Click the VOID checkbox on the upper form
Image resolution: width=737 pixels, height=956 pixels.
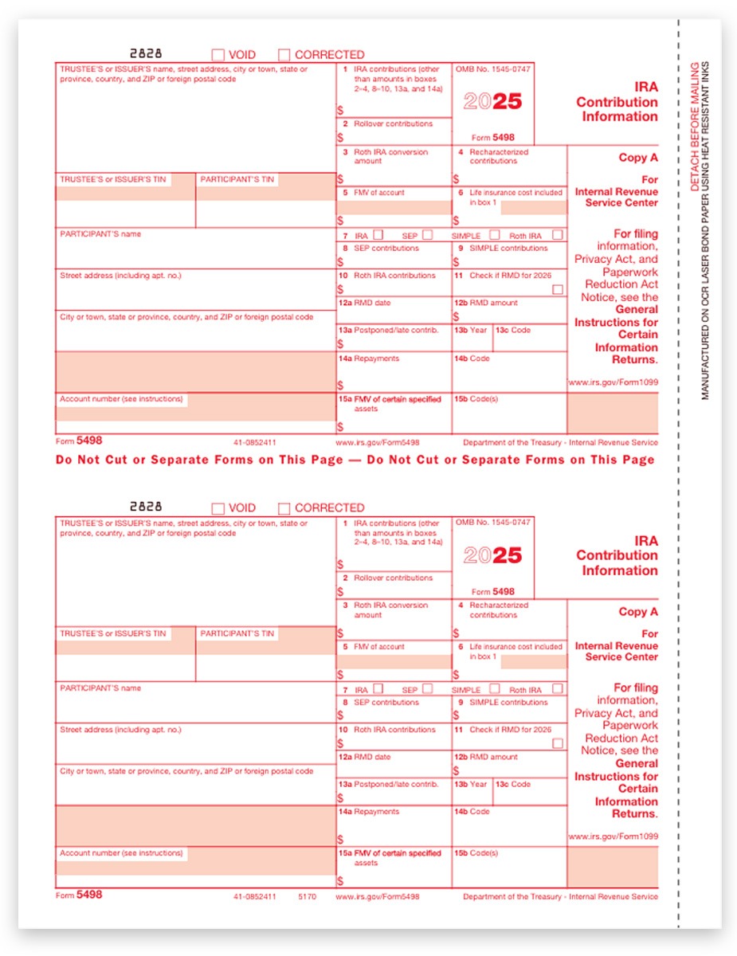tap(218, 55)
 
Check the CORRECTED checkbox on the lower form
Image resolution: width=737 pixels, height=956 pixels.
tap(284, 508)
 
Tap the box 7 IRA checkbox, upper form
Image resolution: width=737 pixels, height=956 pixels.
tap(378, 235)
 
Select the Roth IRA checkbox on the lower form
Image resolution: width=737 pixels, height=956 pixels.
tap(557, 688)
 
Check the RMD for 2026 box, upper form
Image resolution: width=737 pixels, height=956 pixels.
tap(558, 289)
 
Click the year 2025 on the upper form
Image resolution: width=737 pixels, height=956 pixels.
tap(492, 102)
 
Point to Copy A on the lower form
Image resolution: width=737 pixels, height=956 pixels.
tap(638, 612)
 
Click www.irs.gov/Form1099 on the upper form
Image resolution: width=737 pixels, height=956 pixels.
tap(613, 382)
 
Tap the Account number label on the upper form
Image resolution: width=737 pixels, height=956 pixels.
tap(121, 399)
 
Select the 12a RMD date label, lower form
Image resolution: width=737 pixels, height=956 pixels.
tap(365, 757)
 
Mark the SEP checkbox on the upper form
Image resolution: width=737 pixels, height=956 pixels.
tap(428, 235)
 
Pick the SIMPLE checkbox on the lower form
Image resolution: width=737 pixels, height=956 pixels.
tap(495, 688)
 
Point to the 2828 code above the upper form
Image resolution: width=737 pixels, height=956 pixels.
tap(145, 53)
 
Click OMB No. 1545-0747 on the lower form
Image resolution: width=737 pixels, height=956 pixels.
tap(492, 523)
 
